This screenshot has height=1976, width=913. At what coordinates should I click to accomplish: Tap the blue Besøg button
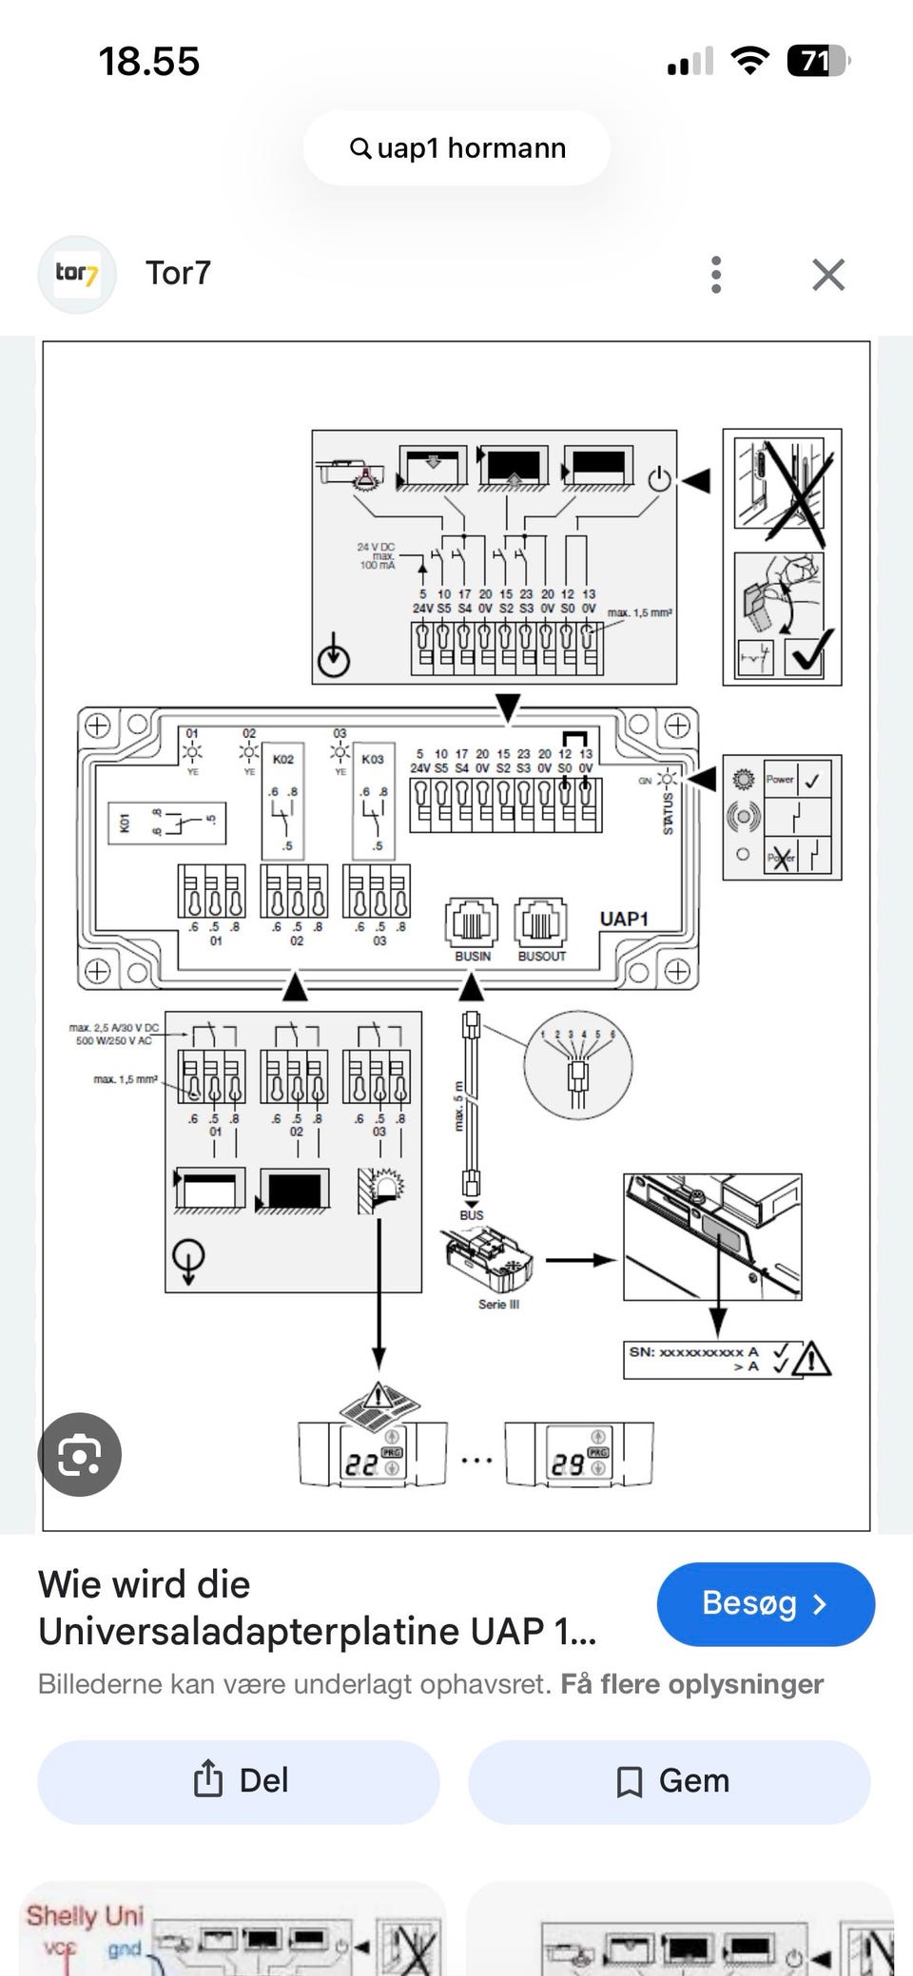pos(765,1603)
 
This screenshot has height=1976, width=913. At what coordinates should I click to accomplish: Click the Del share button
pos(239,1781)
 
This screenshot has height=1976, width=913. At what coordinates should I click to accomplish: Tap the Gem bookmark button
pos(670,1781)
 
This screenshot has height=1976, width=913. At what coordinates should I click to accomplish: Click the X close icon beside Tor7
pos(828,275)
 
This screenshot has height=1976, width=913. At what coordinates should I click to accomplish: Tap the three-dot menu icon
pos(716,275)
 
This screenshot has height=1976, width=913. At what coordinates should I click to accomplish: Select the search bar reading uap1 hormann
pos(456,148)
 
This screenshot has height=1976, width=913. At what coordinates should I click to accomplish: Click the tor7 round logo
pos(76,275)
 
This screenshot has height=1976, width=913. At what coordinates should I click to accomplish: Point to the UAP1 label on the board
pos(624,919)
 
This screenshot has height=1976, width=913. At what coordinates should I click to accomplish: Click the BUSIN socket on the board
pos(472,922)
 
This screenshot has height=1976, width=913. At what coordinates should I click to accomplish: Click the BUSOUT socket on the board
pos(541,922)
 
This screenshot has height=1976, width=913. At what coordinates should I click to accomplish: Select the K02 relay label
pos(283,760)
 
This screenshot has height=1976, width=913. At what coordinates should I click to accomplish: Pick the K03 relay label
pos(373,760)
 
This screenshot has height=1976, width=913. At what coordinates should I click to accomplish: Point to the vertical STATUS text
pos(668,814)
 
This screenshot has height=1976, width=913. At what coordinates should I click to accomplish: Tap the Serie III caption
pos(498,1305)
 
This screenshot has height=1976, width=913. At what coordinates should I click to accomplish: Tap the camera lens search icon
pos(79,1455)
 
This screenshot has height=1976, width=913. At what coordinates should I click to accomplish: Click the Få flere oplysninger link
pos(691,1684)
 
